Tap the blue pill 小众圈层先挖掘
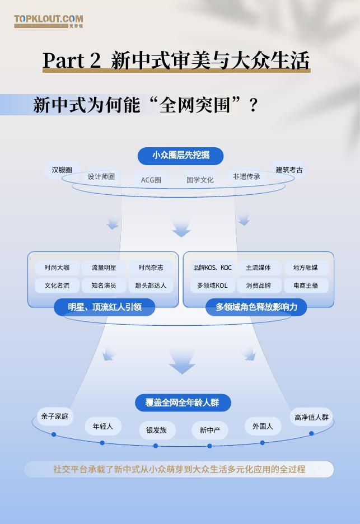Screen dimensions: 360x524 coord(181,156)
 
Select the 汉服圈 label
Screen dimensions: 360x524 coord(62,170)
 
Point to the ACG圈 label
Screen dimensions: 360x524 coord(151,180)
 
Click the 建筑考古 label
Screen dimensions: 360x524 coord(289,170)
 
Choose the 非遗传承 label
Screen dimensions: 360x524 coord(246,176)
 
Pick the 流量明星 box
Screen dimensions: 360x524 coord(104,268)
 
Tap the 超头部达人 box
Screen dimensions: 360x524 coord(151,286)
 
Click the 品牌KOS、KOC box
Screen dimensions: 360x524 coord(212,268)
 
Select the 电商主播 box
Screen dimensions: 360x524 coord(306,286)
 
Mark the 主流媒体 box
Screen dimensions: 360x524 coord(259,268)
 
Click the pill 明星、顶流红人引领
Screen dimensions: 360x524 coord(104,307)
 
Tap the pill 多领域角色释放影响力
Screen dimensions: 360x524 coord(256,307)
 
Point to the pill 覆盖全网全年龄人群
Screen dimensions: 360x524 coord(183,403)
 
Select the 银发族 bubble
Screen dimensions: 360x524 coord(157,430)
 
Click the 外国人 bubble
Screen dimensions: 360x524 coord(263,426)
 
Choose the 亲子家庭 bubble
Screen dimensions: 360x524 coord(55,417)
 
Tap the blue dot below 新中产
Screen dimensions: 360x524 coord(210,446)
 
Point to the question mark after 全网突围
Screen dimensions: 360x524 coord(253,105)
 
